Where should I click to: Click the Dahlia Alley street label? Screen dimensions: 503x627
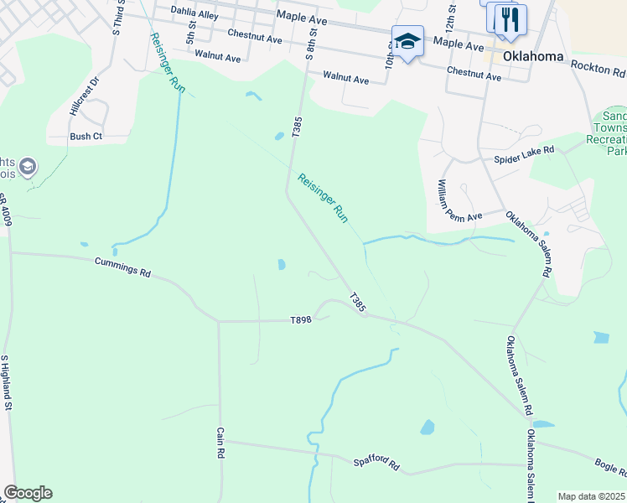[x=194, y=13]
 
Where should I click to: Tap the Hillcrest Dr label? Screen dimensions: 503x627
[x=85, y=96]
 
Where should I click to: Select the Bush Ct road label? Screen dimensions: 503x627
[x=85, y=136]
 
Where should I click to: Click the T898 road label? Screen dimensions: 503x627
[x=301, y=320]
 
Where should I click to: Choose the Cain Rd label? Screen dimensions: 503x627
[x=220, y=442]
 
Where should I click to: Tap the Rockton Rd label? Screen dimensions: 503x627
[x=598, y=66]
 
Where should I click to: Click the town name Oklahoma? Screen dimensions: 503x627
[x=533, y=57]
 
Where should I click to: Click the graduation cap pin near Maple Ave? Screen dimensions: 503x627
[x=407, y=41]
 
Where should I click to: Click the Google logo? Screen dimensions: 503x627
[x=28, y=493]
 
